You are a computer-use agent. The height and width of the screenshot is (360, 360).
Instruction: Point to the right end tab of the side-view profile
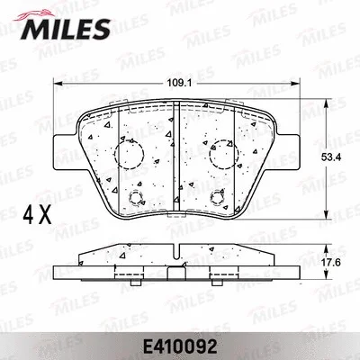(292, 268)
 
